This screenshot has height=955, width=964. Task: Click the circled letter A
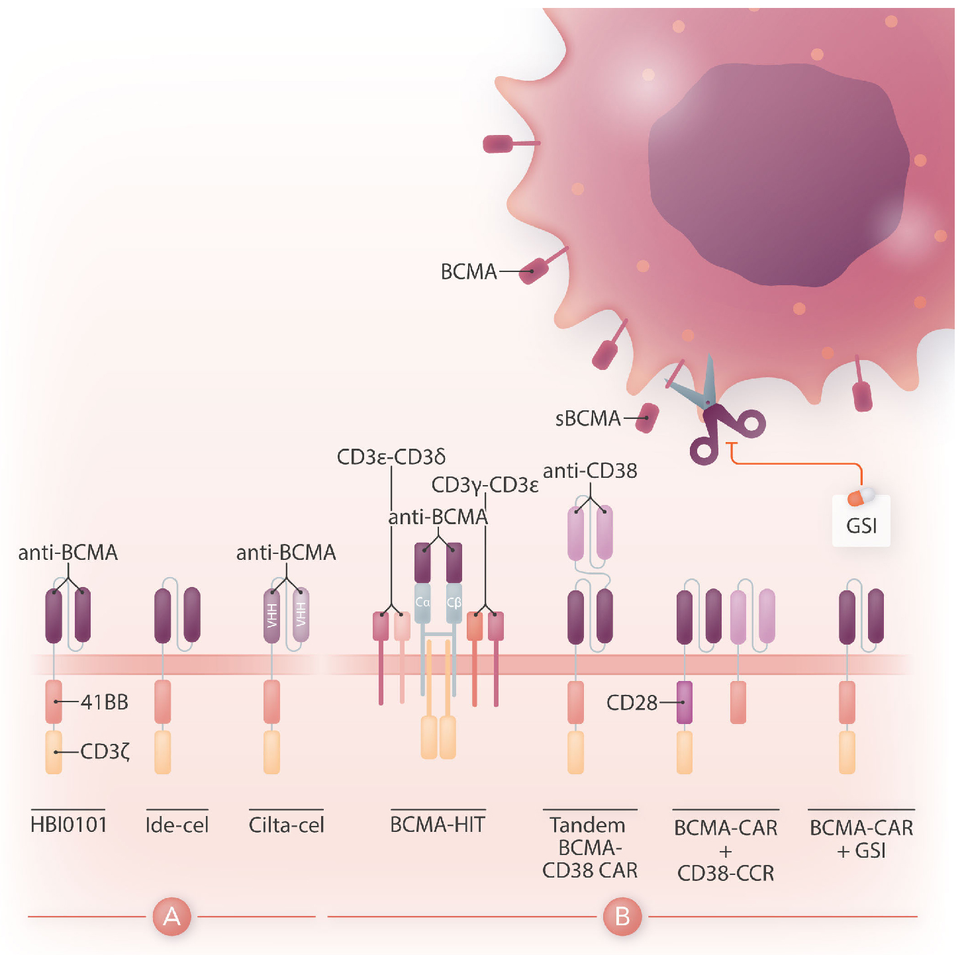point(171,917)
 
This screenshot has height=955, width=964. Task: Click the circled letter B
point(622,917)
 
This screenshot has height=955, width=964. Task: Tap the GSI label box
point(861,525)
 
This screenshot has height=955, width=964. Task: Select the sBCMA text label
point(587,418)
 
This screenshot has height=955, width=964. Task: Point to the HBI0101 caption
point(69,825)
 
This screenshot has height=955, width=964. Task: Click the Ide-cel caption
point(177,825)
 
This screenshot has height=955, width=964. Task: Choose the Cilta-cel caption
point(286,825)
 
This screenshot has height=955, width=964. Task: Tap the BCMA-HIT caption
point(438,825)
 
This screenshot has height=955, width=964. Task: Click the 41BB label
point(104,702)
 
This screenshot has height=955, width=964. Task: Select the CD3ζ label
point(105,752)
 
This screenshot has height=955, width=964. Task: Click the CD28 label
point(632,702)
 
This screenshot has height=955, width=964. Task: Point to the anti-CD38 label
point(590,471)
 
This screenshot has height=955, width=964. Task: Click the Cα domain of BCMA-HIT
point(422,603)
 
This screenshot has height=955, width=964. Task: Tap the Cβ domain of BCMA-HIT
point(454,603)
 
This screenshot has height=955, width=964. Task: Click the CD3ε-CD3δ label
point(391,457)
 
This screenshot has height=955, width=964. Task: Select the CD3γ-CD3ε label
point(485,485)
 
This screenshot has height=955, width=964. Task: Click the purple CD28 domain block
point(685,702)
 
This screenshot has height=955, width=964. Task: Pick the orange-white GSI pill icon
point(861,496)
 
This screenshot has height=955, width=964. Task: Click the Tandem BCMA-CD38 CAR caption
point(589,848)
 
